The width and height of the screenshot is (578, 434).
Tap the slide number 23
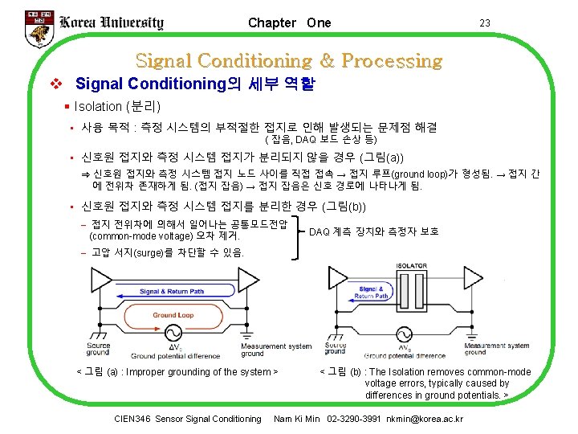484,23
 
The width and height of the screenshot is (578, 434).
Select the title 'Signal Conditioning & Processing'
289,60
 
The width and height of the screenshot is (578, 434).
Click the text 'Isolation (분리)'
117,106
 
